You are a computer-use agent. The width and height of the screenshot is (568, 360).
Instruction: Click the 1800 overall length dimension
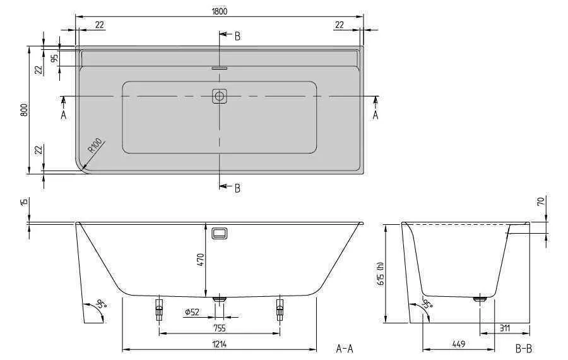coord(220,11)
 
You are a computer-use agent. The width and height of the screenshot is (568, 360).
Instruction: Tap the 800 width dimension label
coord(24,109)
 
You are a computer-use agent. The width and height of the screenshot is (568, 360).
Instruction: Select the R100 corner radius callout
coord(95,146)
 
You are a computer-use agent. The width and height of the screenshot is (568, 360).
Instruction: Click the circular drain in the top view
coord(219,97)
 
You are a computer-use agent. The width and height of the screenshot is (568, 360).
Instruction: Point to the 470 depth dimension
coord(201,260)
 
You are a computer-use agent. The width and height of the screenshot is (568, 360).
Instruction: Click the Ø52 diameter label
coord(192,312)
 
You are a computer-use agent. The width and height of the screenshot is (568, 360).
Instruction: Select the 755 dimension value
coord(220,328)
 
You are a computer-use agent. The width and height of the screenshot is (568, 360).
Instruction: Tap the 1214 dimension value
coord(220,344)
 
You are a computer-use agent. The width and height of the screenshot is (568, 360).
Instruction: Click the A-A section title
coord(345,349)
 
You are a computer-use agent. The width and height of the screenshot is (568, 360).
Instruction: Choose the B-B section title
coord(524,349)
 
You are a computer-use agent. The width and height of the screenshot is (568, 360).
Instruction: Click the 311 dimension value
coord(505,328)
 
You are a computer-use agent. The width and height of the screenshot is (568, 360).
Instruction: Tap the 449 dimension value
coord(459,344)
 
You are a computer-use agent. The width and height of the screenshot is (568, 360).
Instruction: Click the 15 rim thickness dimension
coord(25,201)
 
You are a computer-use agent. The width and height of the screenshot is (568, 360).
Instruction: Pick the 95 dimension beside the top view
coord(54,59)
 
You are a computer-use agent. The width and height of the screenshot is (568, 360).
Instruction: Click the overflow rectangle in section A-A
coord(220,234)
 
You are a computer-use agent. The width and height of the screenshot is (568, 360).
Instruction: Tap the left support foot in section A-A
coord(159,309)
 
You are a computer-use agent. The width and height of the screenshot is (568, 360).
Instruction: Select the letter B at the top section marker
coord(237,36)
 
